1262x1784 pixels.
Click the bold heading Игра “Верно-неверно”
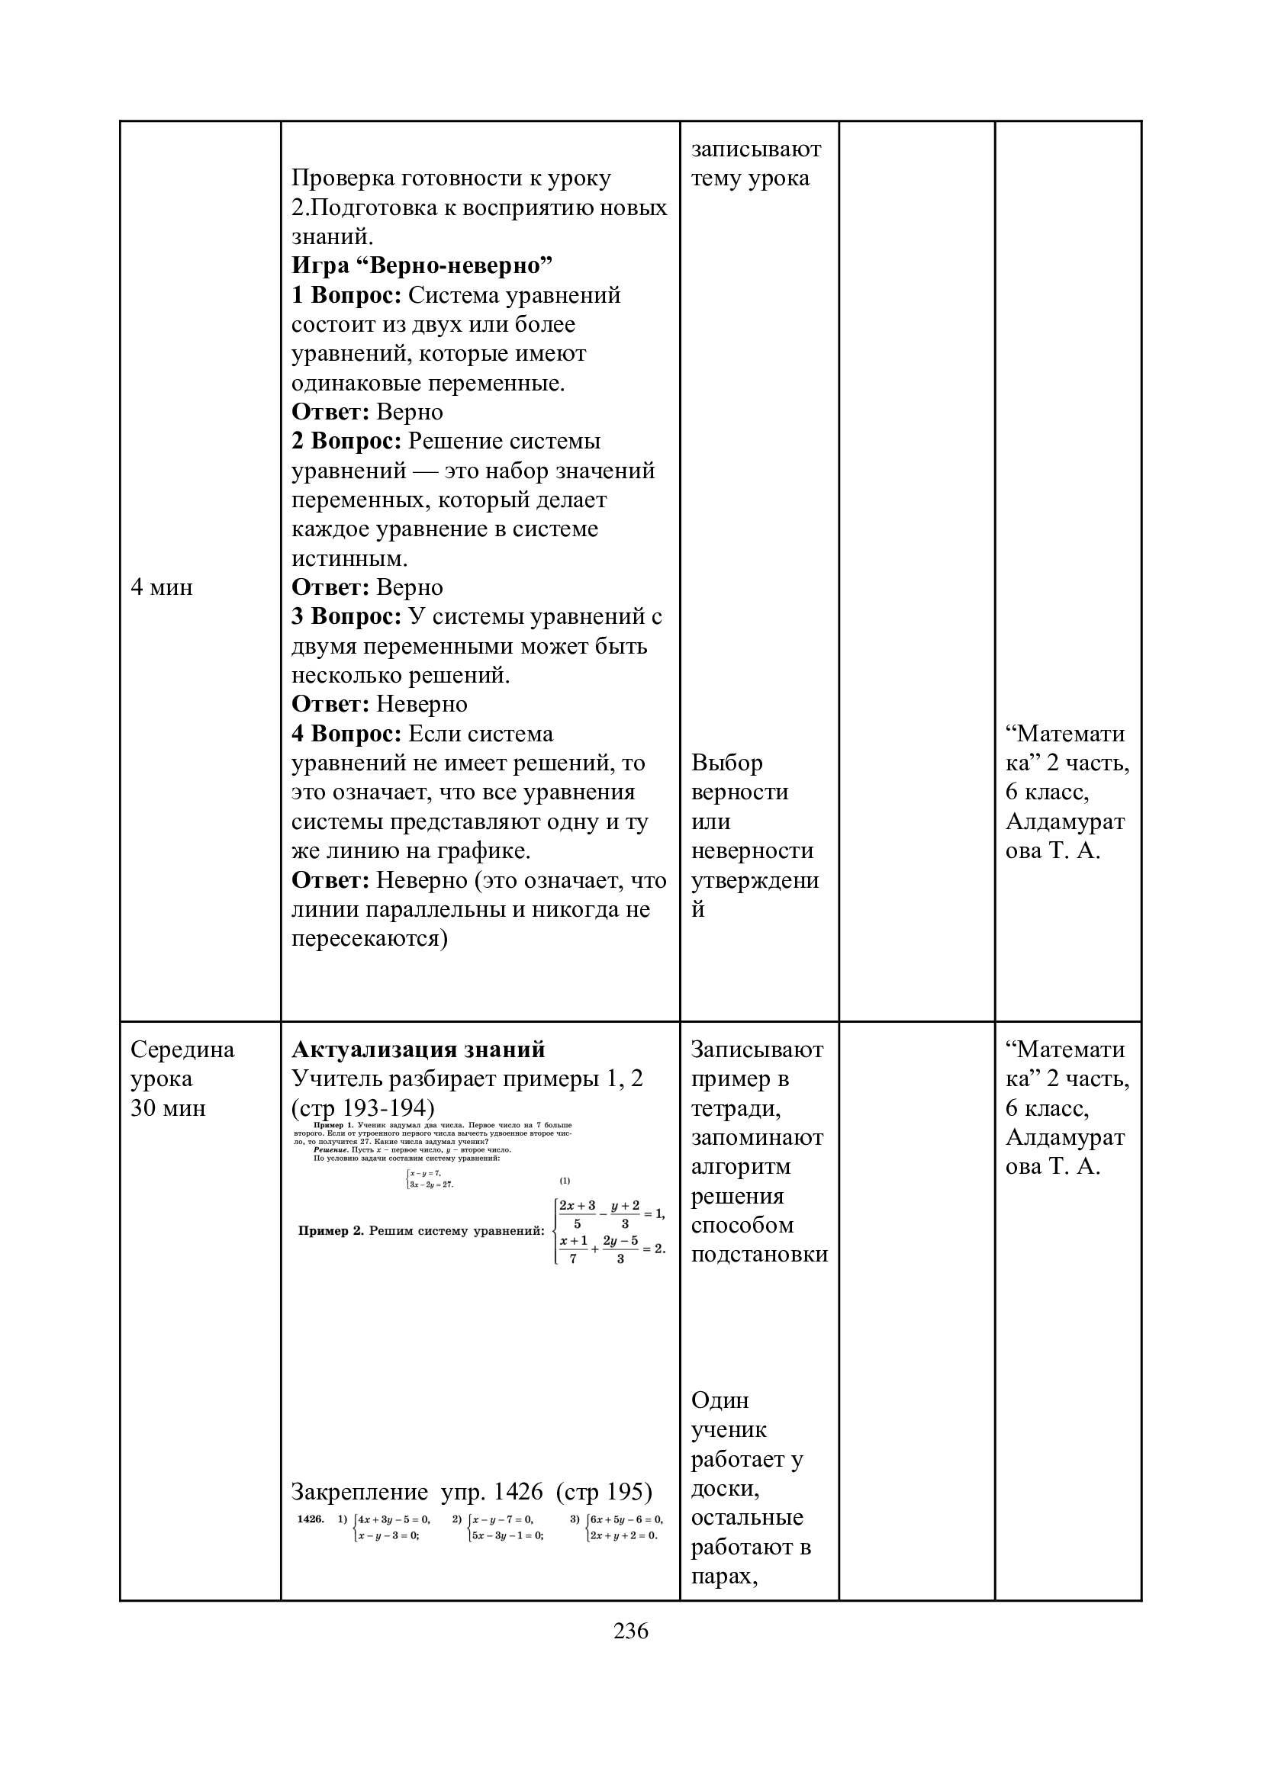click(421, 265)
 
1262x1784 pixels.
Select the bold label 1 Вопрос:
click(346, 295)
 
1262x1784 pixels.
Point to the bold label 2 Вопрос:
click(346, 441)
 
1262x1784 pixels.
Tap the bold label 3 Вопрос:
click(346, 616)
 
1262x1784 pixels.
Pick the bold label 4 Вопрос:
click(346, 734)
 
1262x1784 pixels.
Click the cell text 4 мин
click(162, 587)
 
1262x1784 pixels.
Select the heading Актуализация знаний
click(418, 1050)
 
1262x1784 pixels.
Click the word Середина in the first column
click(182, 1050)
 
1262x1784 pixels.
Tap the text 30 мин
click(168, 1108)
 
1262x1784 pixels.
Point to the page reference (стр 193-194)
click(363, 1108)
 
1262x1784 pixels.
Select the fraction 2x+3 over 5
click(577, 1215)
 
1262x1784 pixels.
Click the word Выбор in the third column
click(726, 763)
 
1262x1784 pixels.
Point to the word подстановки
click(759, 1255)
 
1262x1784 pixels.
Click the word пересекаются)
click(370, 939)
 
